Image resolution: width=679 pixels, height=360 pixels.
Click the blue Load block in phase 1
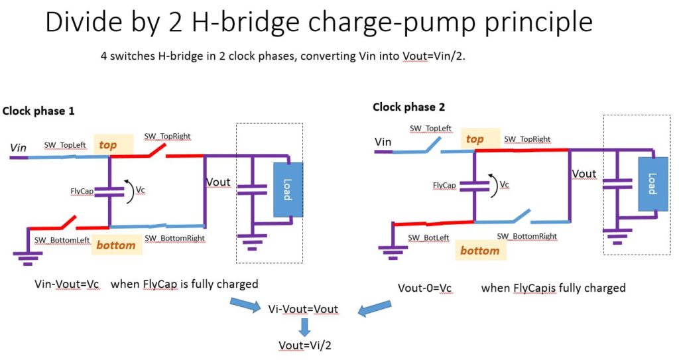pyautogui.click(x=288, y=190)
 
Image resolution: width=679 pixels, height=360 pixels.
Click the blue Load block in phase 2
pyautogui.click(x=653, y=184)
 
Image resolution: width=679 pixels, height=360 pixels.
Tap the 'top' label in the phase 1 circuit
pyautogui.click(x=108, y=145)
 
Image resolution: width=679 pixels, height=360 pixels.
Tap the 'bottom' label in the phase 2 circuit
pyautogui.click(x=480, y=251)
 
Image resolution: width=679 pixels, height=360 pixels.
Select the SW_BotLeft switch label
pyautogui.click(x=429, y=238)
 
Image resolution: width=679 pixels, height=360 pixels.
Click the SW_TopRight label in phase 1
pyautogui.click(x=168, y=136)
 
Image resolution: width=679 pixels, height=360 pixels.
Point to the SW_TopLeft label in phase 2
pyautogui.click(x=430, y=128)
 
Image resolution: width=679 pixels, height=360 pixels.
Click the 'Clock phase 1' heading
pyautogui.click(x=38, y=111)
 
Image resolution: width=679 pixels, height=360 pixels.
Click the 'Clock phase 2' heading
pyautogui.click(x=408, y=107)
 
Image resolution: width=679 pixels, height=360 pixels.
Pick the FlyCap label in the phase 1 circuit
pyautogui.click(x=82, y=191)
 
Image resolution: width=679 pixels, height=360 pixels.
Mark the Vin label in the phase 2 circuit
pyautogui.click(x=383, y=142)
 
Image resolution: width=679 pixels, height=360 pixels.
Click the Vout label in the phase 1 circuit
pyautogui.click(x=218, y=182)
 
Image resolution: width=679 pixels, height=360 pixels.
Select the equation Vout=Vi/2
pyautogui.click(x=305, y=345)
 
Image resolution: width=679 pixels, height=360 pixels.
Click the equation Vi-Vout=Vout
pyautogui.click(x=303, y=309)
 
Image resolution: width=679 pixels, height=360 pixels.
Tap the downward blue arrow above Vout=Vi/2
pyautogui.click(x=305, y=327)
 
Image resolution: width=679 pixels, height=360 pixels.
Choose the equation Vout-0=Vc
pyautogui.click(x=425, y=288)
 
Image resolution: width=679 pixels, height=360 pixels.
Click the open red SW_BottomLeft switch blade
pyautogui.click(x=68, y=222)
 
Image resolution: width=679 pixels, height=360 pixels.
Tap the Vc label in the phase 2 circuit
pyautogui.click(x=505, y=184)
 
